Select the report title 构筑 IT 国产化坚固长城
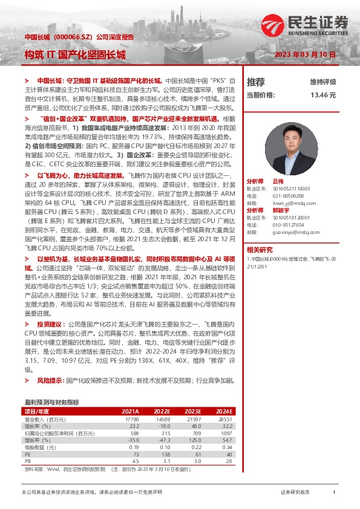pos(75,54)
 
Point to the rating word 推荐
pos(256,82)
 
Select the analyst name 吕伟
pos(278,181)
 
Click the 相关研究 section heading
pos(260,249)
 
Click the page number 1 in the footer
pos(334,493)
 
